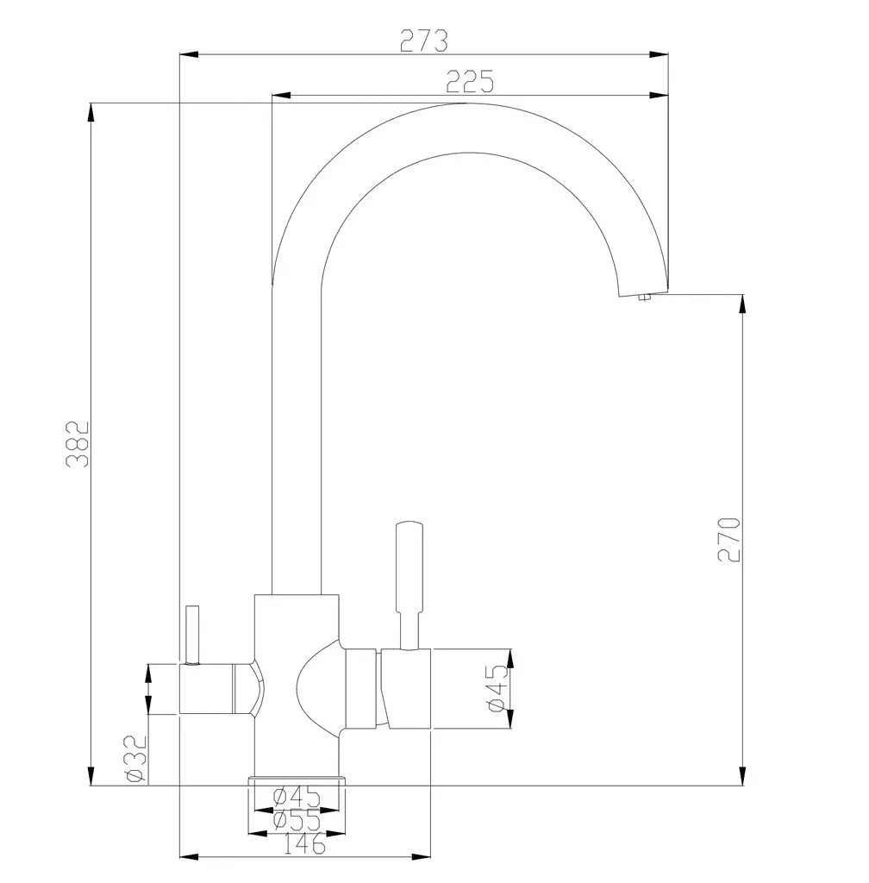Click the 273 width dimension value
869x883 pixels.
coord(424,41)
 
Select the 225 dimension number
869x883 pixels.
coord(470,82)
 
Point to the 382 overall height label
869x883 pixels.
coord(78,444)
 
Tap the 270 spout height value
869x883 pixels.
coord(729,539)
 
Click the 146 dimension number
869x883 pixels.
coord(304,843)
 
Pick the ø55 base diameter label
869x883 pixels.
coord(297,820)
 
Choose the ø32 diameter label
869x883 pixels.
coord(136,759)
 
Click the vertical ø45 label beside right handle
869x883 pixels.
coord(498,688)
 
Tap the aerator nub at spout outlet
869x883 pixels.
coord(645,297)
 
